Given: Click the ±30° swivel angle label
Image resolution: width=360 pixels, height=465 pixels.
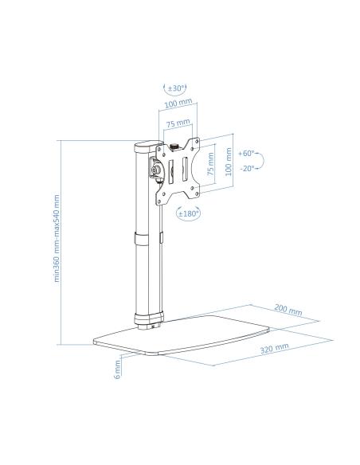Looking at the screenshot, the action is click(x=177, y=88).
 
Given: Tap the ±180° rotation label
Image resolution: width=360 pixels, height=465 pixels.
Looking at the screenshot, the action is click(x=188, y=213).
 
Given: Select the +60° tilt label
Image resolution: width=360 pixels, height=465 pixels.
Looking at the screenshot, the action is click(x=246, y=154).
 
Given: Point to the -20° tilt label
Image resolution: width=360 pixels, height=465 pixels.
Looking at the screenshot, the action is click(x=248, y=169).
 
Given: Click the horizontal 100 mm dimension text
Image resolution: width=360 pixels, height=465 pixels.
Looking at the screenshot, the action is click(x=178, y=104).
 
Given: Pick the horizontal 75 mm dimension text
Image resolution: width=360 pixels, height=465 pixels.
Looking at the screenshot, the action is click(x=178, y=123).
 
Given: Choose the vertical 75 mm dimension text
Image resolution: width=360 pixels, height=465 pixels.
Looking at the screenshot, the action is click(x=210, y=164).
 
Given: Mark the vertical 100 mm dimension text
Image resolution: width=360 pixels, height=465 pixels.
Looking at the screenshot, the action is click(x=228, y=162).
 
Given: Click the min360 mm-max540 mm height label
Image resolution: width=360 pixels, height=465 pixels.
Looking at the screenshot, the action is click(x=57, y=238).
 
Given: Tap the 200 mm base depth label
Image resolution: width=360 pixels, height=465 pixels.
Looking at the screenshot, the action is click(x=288, y=310).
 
